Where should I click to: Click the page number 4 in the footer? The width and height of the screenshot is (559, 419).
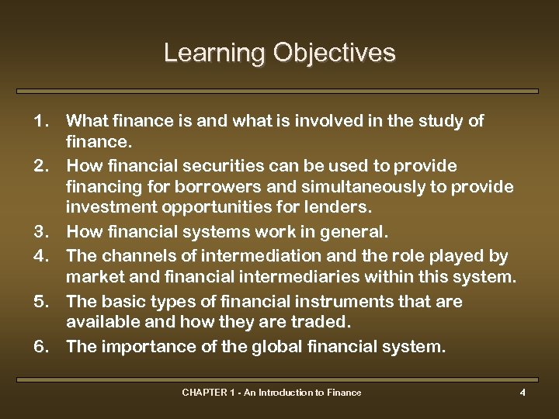coord(523,393)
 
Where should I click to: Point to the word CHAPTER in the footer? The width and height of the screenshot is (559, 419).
coord(202,393)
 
